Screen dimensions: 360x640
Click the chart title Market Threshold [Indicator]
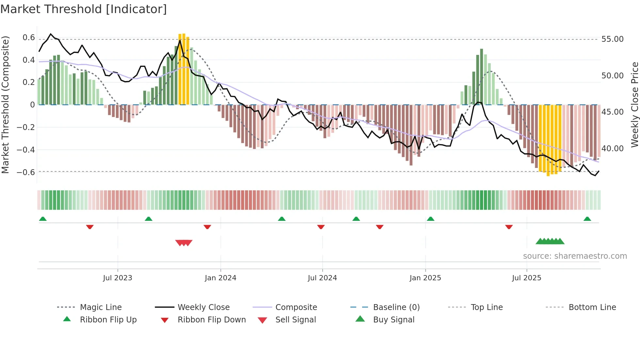pos(84,9)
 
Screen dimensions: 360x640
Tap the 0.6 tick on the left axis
pos(29,38)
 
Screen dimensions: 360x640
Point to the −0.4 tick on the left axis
pos(26,150)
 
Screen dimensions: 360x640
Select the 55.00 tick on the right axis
pos(612,39)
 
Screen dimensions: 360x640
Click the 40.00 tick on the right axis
pos(612,149)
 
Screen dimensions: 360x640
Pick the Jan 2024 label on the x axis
pos(220,278)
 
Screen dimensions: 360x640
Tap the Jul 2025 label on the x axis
pos(526,278)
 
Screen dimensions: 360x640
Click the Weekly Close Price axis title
pos(634,105)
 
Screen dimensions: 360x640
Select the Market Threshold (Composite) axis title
pos(5,105)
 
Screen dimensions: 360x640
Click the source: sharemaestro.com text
pos(575,256)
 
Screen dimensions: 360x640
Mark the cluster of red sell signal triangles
pos(184,243)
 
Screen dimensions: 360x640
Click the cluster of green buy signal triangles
pos(550,241)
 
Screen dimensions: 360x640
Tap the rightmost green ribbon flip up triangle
pos(587,219)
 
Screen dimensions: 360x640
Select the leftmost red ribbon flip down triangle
pos(90,227)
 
